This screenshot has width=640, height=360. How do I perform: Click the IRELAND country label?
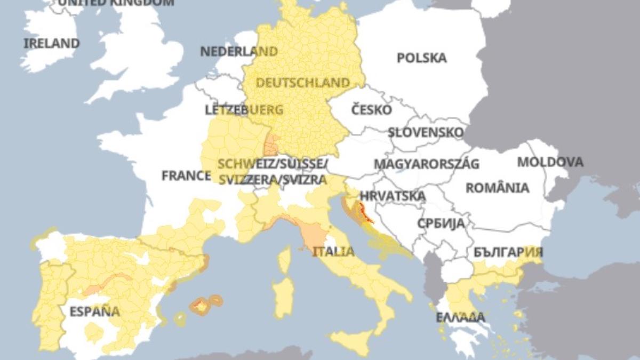(x=52, y=43)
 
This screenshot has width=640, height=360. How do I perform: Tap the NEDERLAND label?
(x=239, y=51)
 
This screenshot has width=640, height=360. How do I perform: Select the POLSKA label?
(x=421, y=58)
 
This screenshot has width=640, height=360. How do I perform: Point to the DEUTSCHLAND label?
(x=303, y=83)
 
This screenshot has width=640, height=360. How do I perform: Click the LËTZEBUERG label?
(x=244, y=110)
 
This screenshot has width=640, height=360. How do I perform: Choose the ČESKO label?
(x=372, y=110)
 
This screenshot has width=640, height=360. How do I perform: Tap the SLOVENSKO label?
(x=426, y=132)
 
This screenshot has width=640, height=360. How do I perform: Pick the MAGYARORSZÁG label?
(x=426, y=164)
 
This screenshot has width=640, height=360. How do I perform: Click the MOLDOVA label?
(x=550, y=162)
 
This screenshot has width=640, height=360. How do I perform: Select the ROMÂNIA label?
(x=498, y=188)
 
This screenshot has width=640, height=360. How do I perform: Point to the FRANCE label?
(x=186, y=175)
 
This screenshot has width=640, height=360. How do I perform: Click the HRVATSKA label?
(x=393, y=196)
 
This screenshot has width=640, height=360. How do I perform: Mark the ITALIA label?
(x=333, y=251)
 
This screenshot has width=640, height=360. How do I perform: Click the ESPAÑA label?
(x=94, y=311)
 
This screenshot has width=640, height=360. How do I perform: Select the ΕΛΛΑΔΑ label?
(x=461, y=317)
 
